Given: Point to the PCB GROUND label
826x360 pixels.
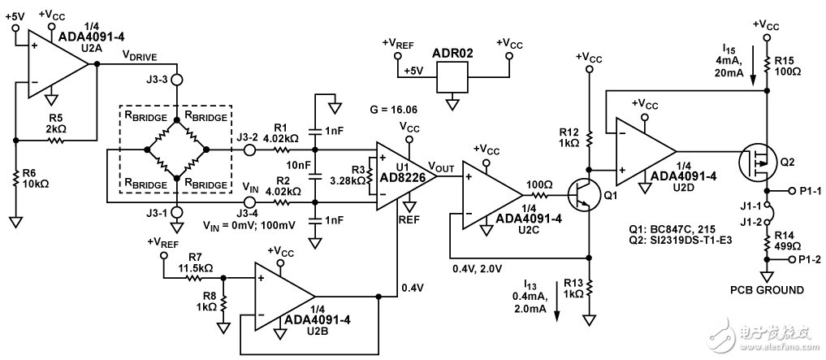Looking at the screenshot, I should click(767, 290).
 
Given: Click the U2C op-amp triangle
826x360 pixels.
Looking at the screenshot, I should click(491, 196).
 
